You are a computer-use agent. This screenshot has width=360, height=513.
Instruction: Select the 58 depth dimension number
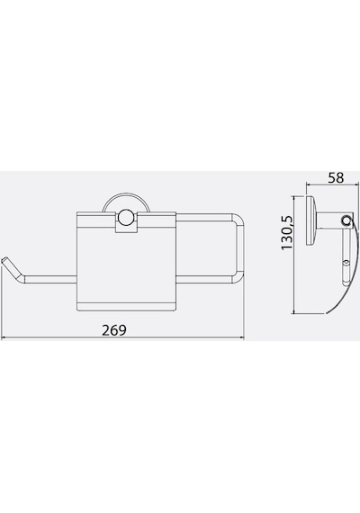click(x=336, y=178)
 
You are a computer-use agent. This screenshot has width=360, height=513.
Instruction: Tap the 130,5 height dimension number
click(x=287, y=232)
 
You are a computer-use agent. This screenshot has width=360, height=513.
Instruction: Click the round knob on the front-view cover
click(x=126, y=219)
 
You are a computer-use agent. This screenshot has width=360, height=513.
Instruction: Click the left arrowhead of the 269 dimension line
click(x=4, y=338)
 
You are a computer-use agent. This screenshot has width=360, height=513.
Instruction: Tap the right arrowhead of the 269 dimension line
click(x=242, y=338)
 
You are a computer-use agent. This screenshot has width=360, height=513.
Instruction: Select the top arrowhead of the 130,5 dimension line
click(x=294, y=198)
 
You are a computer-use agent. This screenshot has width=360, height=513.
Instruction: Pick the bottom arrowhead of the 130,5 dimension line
click(x=294, y=311)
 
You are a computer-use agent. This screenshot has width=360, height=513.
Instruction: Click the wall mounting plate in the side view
click(x=310, y=220)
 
